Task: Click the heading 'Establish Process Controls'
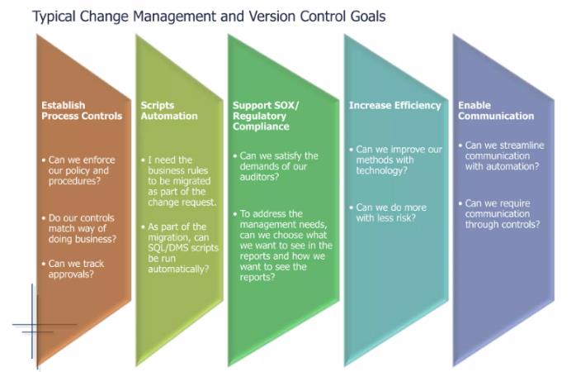point(82,111)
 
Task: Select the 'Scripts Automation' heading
point(169,111)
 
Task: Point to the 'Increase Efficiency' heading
point(394,105)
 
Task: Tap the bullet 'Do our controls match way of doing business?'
point(82,228)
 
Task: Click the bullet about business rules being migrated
point(182,181)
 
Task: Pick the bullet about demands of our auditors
point(278,165)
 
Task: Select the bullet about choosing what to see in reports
point(286,245)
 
